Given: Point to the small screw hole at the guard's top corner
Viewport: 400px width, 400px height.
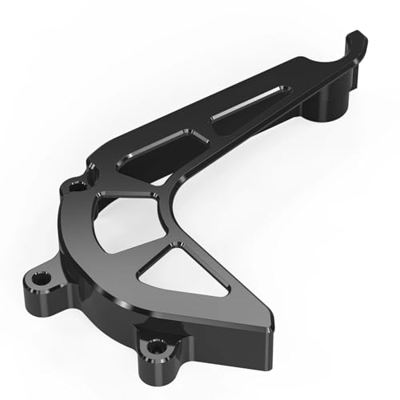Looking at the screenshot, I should click(x=77, y=186).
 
